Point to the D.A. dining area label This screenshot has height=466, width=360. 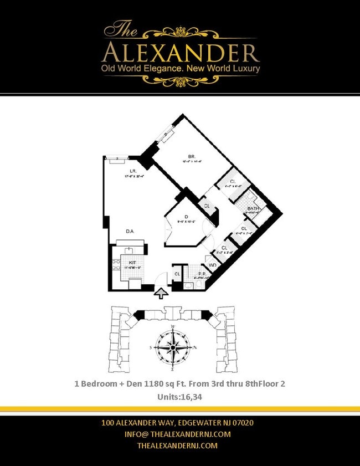[131, 231]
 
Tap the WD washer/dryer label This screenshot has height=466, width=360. [212, 265]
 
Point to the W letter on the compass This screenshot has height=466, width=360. [173, 327]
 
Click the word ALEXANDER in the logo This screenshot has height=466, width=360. [181, 53]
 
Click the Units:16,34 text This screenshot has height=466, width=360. [180, 396]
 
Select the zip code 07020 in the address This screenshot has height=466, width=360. [241, 423]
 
